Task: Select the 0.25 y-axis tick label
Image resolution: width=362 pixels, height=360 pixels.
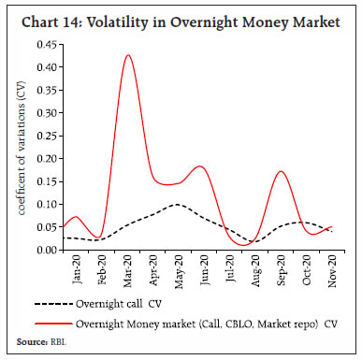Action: [x=43, y=136]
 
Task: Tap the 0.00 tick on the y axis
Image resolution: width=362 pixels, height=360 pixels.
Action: [x=43, y=250]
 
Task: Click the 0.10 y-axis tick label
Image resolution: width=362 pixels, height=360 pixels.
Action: [x=43, y=204]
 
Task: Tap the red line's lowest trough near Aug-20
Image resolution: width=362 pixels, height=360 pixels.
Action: [x=245, y=246]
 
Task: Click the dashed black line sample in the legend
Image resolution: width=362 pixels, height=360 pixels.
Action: [x=54, y=305]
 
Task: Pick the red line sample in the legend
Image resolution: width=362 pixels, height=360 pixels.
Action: [x=54, y=324]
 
